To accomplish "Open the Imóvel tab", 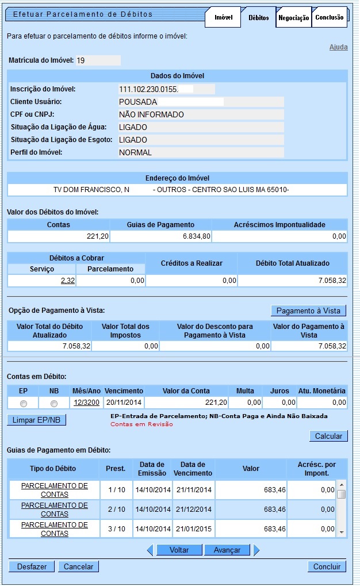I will pos(223,17).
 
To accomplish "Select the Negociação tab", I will pos(293,17).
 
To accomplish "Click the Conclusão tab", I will pos(330,17).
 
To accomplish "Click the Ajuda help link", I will pos(338,47).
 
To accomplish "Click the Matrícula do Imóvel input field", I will pos(98,60).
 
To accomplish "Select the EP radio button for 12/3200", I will pos(24,403).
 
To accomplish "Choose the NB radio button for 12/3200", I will pos(54,403).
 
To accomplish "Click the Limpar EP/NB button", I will pos(37,420).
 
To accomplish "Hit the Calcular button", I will pos(328,436).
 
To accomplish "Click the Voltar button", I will pos(179,550).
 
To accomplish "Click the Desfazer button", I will pos(32,566).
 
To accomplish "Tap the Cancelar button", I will pos(78,566).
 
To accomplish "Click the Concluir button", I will pos(327,566).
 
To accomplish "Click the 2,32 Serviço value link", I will pos(67,281).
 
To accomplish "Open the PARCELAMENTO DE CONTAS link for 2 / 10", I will pos(55,509).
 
